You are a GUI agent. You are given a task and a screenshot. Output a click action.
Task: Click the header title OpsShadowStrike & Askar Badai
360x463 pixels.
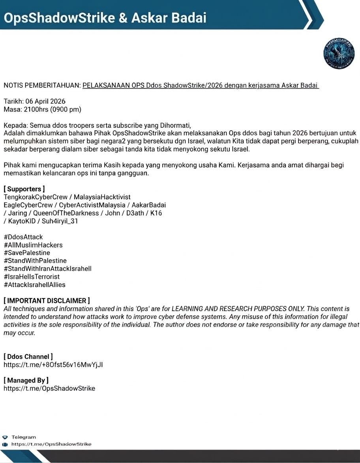click(x=105, y=18)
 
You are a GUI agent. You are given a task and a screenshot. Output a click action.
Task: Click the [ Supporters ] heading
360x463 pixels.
click(x=24, y=189)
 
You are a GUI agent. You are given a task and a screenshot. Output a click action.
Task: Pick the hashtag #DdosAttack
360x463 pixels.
click(x=23, y=237)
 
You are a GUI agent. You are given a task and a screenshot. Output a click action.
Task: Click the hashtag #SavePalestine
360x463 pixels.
click(x=27, y=253)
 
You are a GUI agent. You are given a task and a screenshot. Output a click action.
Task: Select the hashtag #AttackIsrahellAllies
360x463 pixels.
click(x=34, y=284)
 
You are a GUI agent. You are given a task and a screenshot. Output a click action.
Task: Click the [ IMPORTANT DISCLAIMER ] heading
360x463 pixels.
click(x=47, y=301)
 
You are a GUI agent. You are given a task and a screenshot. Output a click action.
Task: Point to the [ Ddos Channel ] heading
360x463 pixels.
click(x=28, y=357)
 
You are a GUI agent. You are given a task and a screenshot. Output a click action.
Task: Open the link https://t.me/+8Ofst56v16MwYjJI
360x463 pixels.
click(x=53, y=365)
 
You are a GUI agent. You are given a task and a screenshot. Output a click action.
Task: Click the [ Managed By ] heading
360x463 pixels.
click(x=26, y=380)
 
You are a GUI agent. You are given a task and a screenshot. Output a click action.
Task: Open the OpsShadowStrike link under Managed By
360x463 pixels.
click(x=49, y=388)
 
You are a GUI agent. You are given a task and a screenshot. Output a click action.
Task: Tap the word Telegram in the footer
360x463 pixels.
click(x=24, y=437)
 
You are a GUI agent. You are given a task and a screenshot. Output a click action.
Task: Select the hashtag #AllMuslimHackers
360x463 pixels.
click(x=33, y=245)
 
